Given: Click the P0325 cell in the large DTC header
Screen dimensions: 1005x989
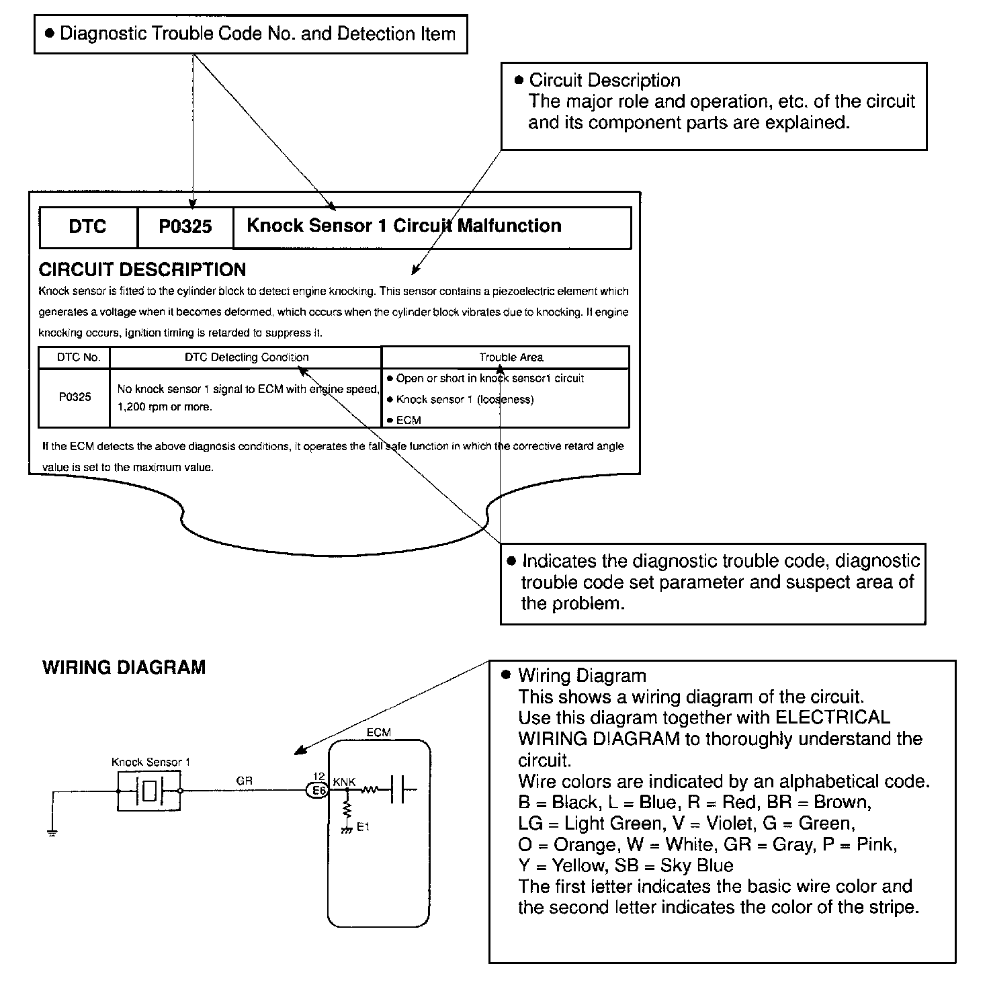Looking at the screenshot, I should [x=185, y=227].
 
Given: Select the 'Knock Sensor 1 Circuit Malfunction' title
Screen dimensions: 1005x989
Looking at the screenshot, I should [x=404, y=226].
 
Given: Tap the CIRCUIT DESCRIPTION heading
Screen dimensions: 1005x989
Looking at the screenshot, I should [x=142, y=270].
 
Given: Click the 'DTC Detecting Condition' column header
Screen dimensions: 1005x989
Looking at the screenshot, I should [x=247, y=357].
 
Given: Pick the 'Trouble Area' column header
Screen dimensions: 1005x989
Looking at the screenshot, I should [x=511, y=357].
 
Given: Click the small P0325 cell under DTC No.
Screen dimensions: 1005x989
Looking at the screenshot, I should [x=75, y=397].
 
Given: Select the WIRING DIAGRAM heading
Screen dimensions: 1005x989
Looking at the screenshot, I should [x=124, y=668].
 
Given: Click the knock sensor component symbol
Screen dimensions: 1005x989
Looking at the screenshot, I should [x=149, y=791].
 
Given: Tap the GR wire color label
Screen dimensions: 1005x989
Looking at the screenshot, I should [x=244, y=781].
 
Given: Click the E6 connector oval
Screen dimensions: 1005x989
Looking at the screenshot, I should [x=317, y=791].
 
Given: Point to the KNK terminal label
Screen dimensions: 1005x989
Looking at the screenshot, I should [x=345, y=782].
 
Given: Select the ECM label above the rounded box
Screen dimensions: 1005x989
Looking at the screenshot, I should [x=378, y=732].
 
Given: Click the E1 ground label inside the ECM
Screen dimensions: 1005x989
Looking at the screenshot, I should [x=363, y=827].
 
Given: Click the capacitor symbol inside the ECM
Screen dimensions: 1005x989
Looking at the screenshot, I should [x=400, y=790].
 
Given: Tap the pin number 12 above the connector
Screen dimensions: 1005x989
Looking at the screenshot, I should [x=319, y=777].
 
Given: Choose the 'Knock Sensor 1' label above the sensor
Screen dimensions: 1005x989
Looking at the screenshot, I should [x=150, y=762].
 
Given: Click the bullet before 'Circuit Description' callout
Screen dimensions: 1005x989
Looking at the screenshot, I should [x=518, y=81].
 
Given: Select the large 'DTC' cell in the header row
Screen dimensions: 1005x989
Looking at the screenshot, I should [x=88, y=227].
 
